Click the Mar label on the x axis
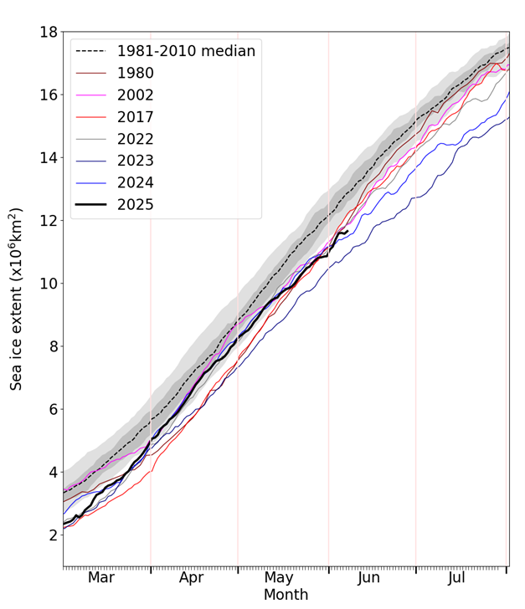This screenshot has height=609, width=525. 101,578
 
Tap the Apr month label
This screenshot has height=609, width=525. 191,578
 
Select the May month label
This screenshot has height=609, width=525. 279,578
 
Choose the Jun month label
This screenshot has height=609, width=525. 369,578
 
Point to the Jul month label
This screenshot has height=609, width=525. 457,578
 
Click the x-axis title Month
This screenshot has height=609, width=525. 286,596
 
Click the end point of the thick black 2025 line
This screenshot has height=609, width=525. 347,232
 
